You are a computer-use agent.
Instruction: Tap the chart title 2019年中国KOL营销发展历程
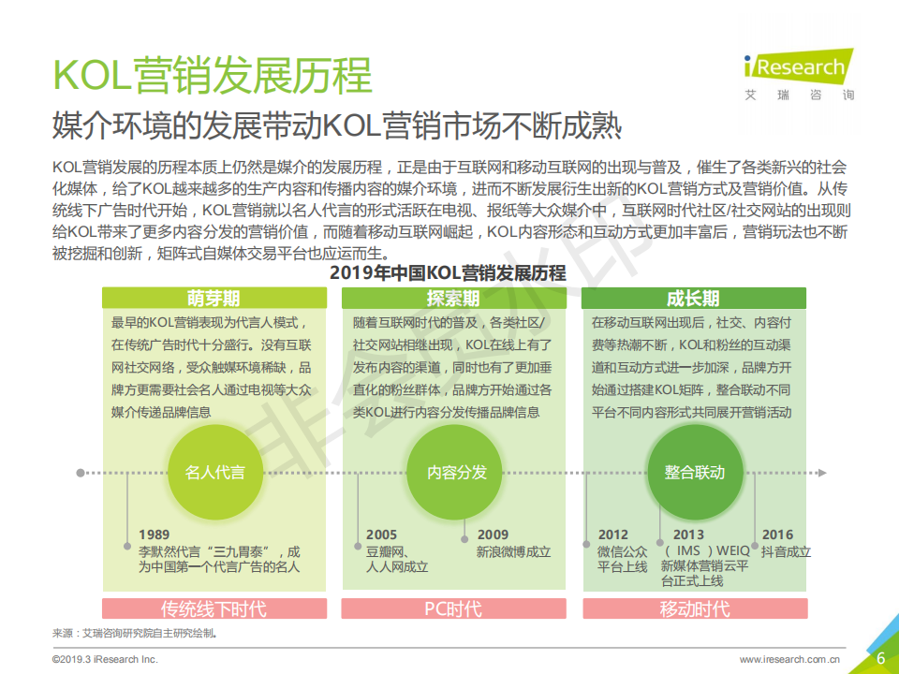448,273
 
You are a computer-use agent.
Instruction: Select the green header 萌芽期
214,298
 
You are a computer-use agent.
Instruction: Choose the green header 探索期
453,298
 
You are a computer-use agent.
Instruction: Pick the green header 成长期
694,298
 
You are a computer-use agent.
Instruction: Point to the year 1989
155,535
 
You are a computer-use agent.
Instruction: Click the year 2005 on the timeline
381,535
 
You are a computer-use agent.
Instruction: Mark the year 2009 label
493,535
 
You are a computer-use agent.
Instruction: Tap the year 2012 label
613,535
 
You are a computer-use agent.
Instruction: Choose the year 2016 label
777,535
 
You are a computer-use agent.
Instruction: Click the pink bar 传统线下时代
214,609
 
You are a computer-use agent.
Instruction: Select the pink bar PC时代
453,609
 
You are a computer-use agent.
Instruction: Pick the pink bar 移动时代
694,609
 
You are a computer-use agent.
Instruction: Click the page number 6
880,657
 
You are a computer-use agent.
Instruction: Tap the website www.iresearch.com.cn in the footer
788,660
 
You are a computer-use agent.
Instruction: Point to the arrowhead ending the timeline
821,473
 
